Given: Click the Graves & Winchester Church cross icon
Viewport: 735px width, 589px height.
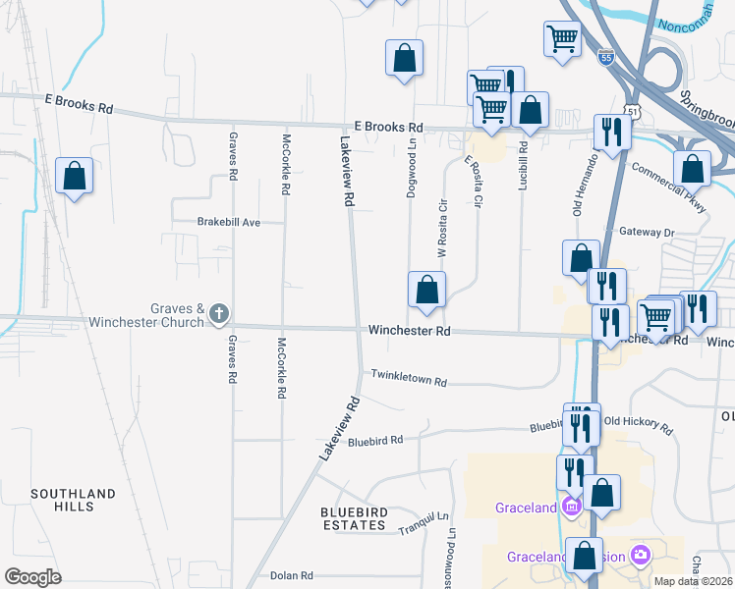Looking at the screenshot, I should click(x=218, y=315).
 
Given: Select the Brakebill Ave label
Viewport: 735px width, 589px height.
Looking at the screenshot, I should click(x=229, y=223).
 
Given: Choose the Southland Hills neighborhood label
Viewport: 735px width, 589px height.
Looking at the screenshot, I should click(x=73, y=500).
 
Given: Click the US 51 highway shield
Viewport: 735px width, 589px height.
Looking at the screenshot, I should click(x=635, y=112).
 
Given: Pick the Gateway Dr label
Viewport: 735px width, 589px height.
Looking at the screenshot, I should click(x=647, y=233).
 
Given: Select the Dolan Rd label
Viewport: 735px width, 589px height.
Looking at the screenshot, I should click(x=292, y=575).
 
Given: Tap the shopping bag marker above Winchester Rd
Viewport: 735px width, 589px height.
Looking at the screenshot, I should click(x=426, y=290).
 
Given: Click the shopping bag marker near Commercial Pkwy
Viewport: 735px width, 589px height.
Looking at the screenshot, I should click(x=693, y=169).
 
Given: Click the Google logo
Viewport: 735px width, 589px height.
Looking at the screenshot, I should click(x=33, y=577).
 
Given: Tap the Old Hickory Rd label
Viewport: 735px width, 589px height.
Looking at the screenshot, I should click(x=639, y=426).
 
